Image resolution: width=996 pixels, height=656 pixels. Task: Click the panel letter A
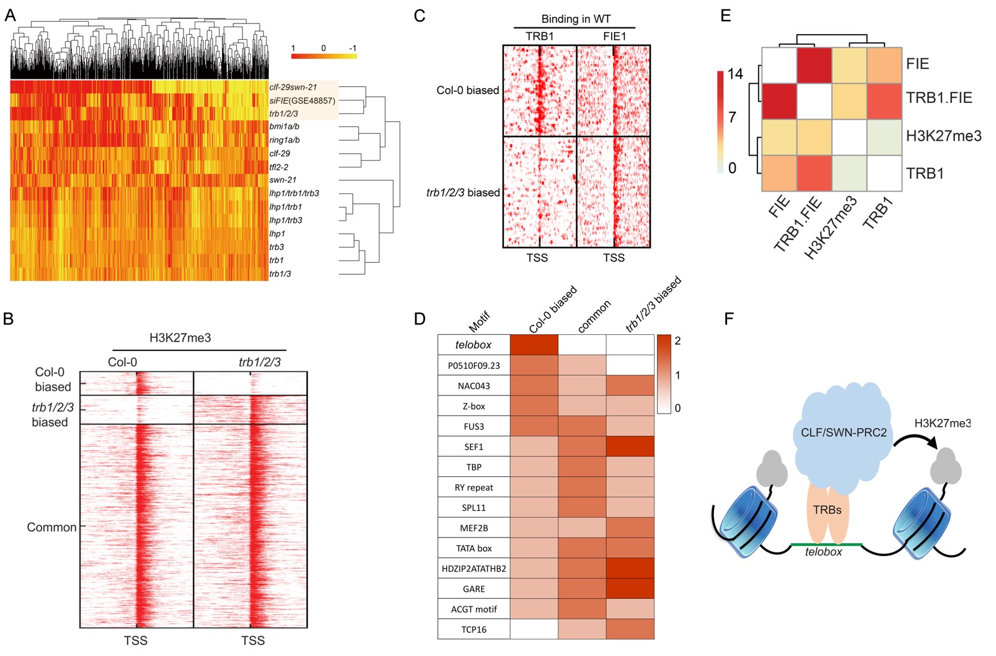point(10,16)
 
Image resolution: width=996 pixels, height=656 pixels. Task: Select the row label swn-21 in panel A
point(283,180)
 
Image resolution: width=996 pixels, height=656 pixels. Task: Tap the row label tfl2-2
point(278,167)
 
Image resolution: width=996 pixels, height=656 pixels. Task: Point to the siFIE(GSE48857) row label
point(302,100)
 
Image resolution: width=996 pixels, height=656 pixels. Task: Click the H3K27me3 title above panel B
point(180,338)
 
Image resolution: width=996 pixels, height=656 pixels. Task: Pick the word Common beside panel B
point(51,527)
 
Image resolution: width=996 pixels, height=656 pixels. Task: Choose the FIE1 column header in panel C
point(614,37)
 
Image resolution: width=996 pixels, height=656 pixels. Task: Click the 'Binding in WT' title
point(575,19)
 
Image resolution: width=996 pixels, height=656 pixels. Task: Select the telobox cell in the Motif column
point(474,345)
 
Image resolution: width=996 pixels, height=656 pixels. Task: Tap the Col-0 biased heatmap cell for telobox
point(534,345)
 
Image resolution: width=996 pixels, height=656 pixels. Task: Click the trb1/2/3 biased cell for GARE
point(630,588)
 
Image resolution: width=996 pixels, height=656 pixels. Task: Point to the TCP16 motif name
point(474,629)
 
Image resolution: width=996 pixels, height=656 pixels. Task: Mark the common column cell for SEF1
point(582,446)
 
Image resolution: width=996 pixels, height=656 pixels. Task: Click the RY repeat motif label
point(474,487)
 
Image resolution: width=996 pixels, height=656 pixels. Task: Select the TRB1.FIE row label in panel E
point(938,98)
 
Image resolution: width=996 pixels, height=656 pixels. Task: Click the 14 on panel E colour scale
point(735,74)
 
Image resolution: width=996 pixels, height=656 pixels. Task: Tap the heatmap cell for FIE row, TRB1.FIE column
point(814,64)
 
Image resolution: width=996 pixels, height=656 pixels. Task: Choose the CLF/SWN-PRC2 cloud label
point(844,433)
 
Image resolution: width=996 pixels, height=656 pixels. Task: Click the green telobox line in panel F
point(826,544)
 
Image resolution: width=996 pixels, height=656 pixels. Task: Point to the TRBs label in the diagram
point(827,510)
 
